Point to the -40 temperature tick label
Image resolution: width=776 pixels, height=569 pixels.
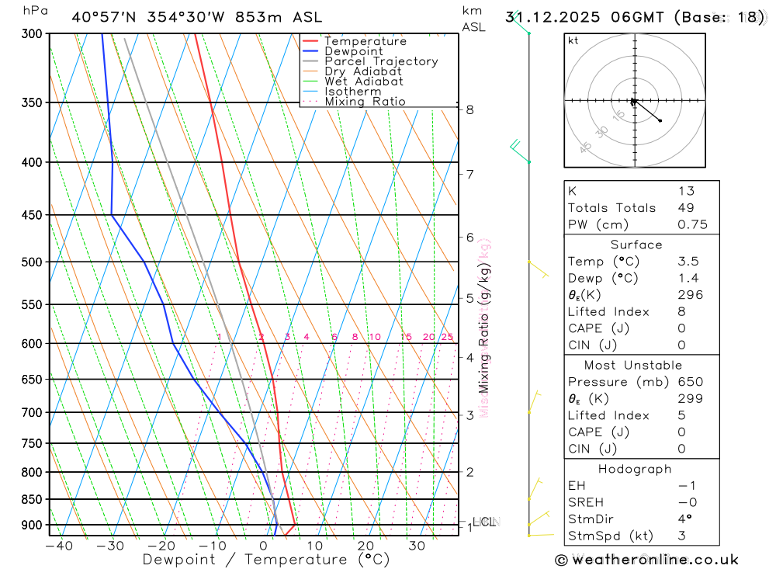point(59,546)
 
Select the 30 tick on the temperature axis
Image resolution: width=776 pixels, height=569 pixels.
point(417,546)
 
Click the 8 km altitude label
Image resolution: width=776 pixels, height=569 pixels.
point(470,109)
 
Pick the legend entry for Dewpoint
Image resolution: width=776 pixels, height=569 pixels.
point(353,51)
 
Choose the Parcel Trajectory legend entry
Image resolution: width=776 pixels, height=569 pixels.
point(380,61)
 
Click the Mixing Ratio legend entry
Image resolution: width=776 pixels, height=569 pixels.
point(365,102)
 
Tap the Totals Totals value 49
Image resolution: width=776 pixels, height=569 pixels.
point(686,208)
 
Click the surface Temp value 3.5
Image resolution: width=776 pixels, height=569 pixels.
point(688,262)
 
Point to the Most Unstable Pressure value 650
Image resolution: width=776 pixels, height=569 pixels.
point(690,382)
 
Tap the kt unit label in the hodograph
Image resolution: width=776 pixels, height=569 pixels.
point(573,40)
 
